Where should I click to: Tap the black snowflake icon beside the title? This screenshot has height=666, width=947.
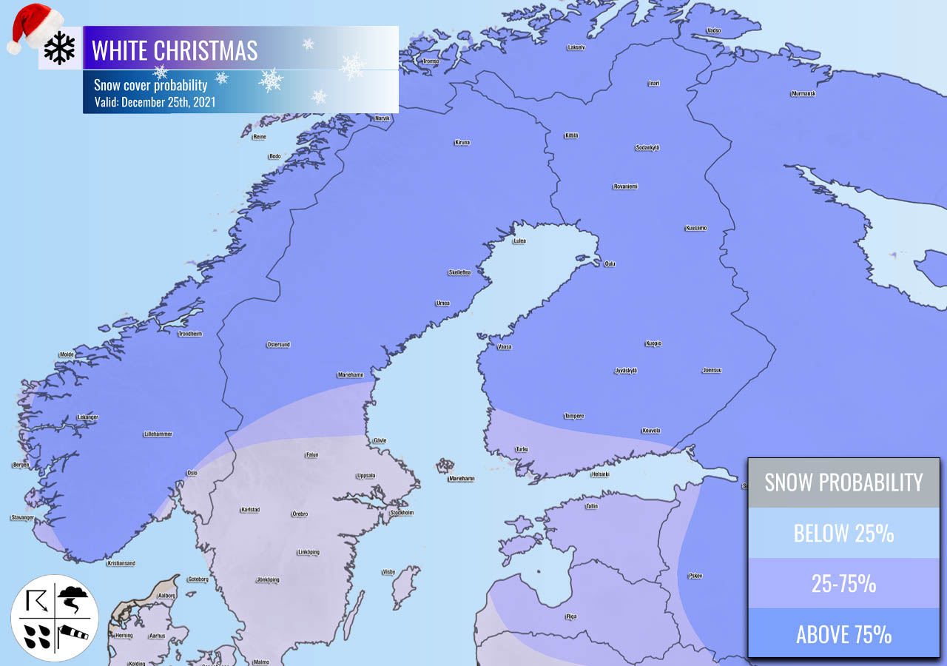click(x=59, y=48)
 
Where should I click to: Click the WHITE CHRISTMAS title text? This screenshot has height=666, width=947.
click(x=175, y=50)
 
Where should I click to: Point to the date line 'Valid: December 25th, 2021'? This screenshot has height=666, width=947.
click(x=155, y=102)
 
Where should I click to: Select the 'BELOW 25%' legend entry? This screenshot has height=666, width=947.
click(x=843, y=533)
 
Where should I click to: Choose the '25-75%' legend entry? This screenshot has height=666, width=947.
click(x=843, y=583)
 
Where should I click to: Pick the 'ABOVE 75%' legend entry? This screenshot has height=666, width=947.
click(x=843, y=633)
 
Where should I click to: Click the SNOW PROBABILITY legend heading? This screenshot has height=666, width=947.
click(x=843, y=482)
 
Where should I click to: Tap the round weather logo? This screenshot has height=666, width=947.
click(x=55, y=618)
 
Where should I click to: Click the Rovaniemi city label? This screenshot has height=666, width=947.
click(x=625, y=186)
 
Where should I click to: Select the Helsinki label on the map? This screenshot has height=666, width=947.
click(x=600, y=474)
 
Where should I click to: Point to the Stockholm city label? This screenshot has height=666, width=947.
click(x=402, y=513)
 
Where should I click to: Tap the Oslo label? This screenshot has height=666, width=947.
click(x=192, y=473)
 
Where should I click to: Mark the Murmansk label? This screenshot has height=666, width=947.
click(x=803, y=94)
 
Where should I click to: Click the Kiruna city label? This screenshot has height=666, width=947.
click(x=462, y=143)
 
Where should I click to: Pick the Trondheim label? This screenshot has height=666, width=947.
click(x=190, y=334)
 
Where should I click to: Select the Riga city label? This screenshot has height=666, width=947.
click(x=570, y=616)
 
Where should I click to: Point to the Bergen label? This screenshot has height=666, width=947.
click(x=21, y=465)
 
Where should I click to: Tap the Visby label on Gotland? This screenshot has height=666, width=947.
click(x=388, y=572)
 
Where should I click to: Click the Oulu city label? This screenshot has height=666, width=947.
click(x=610, y=264)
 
